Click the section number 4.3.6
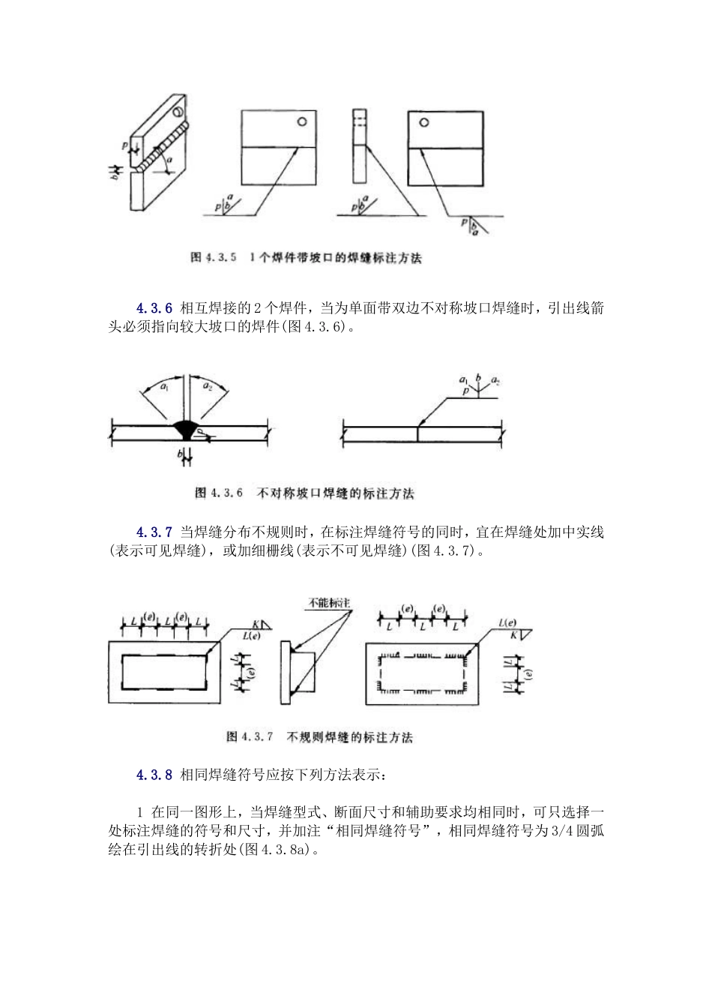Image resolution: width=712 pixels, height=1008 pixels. pyautogui.click(x=154, y=308)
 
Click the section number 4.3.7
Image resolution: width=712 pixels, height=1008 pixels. pyautogui.click(x=154, y=532)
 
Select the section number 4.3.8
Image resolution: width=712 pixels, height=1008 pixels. pyautogui.click(x=154, y=774)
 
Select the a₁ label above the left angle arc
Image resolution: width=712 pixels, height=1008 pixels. pyautogui.click(x=163, y=386)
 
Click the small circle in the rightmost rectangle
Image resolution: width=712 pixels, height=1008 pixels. pyautogui.click(x=424, y=123)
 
